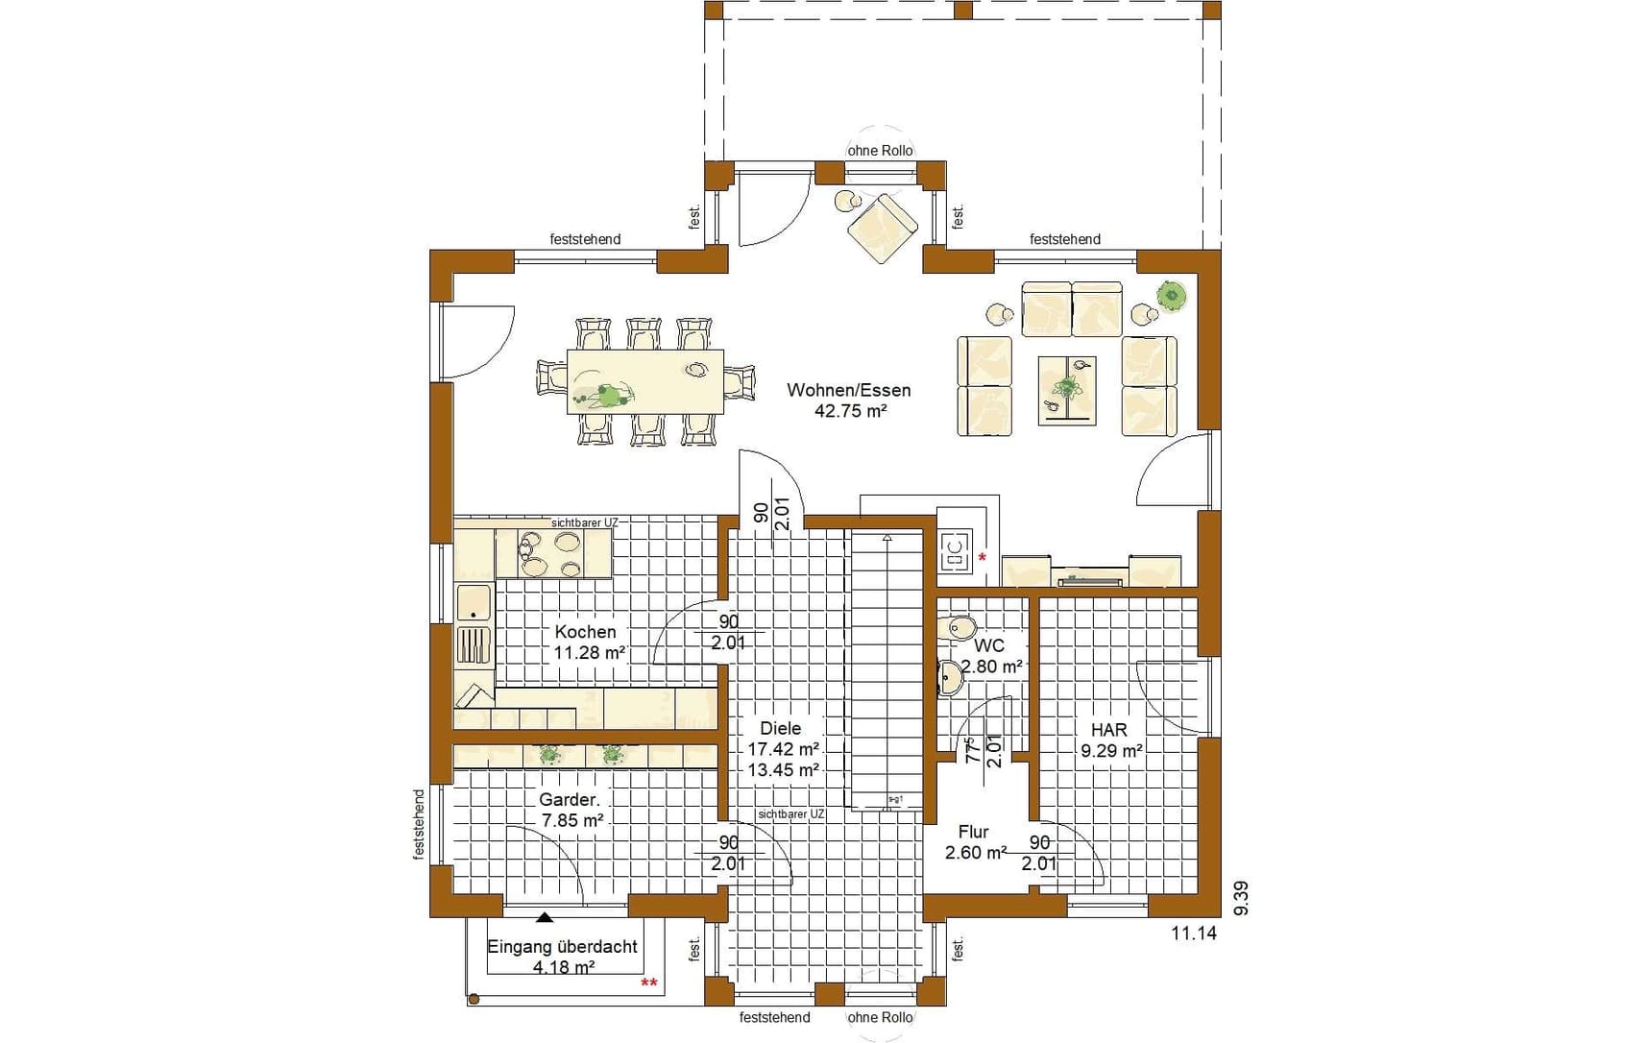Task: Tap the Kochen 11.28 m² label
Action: click(x=589, y=643)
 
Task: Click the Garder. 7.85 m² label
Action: click(x=571, y=810)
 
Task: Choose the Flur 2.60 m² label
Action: click(x=974, y=842)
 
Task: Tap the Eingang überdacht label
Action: click(x=562, y=947)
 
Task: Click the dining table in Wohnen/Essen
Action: click(x=645, y=381)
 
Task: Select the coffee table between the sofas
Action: click(x=1066, y=390)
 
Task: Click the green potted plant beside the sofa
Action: click(x=1171, y=295)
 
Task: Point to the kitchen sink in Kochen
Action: click(x=474, y=602)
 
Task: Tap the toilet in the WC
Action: click(x=960, y=628)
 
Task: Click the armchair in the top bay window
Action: click(x=882, y=229)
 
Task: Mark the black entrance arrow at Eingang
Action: click(x=546, y=917)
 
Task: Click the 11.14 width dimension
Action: click(x=1194, y=933)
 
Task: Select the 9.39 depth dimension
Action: click(x=1241, y=898)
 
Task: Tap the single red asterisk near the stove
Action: click(x=982, y=557)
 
